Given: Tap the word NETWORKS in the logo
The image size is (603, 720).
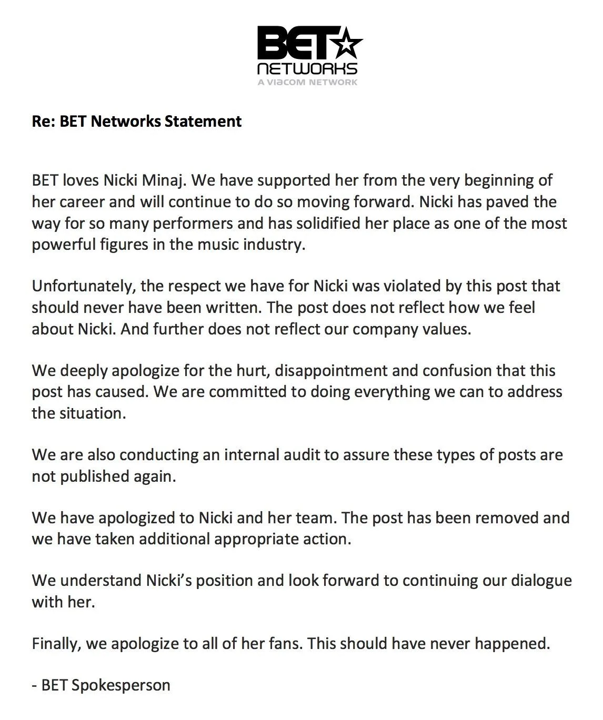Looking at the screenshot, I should (307, 69).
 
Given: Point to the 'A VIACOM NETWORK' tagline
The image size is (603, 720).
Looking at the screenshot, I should (307, 82).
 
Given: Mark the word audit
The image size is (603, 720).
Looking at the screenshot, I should (300, 455).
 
